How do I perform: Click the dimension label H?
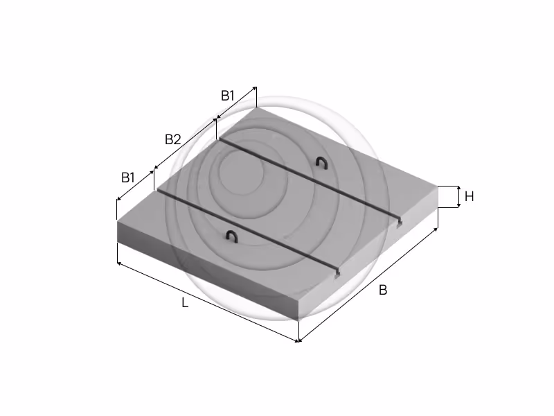coord(470,196)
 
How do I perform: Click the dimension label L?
coord(185,303)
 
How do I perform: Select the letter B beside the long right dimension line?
coord(383,290)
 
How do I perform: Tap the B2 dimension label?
coord(173,140)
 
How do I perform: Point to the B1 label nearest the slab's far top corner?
coord(228,96)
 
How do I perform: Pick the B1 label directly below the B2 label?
coord(128,177)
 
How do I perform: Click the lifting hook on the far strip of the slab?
coord(322,163)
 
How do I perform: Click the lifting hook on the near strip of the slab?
coord(232,236)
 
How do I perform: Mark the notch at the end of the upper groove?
coord(400,223)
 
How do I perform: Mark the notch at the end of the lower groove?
coord(337,273)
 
